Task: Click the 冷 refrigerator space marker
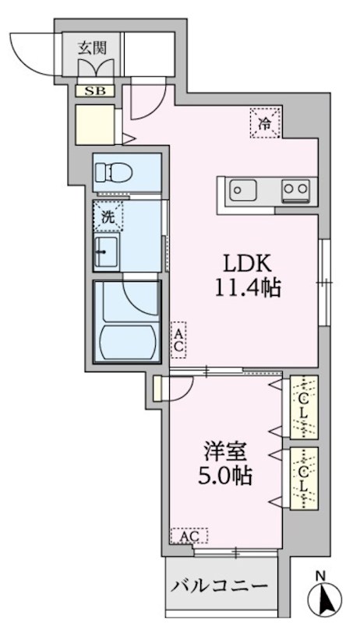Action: tap(265, 122)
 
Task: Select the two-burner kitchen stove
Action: tap(295, 189)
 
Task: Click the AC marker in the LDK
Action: tap(178, 340)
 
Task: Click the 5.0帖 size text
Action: tap(224, 477)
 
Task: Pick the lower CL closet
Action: tap(302, 478)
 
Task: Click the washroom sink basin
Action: tap(107, 253)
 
